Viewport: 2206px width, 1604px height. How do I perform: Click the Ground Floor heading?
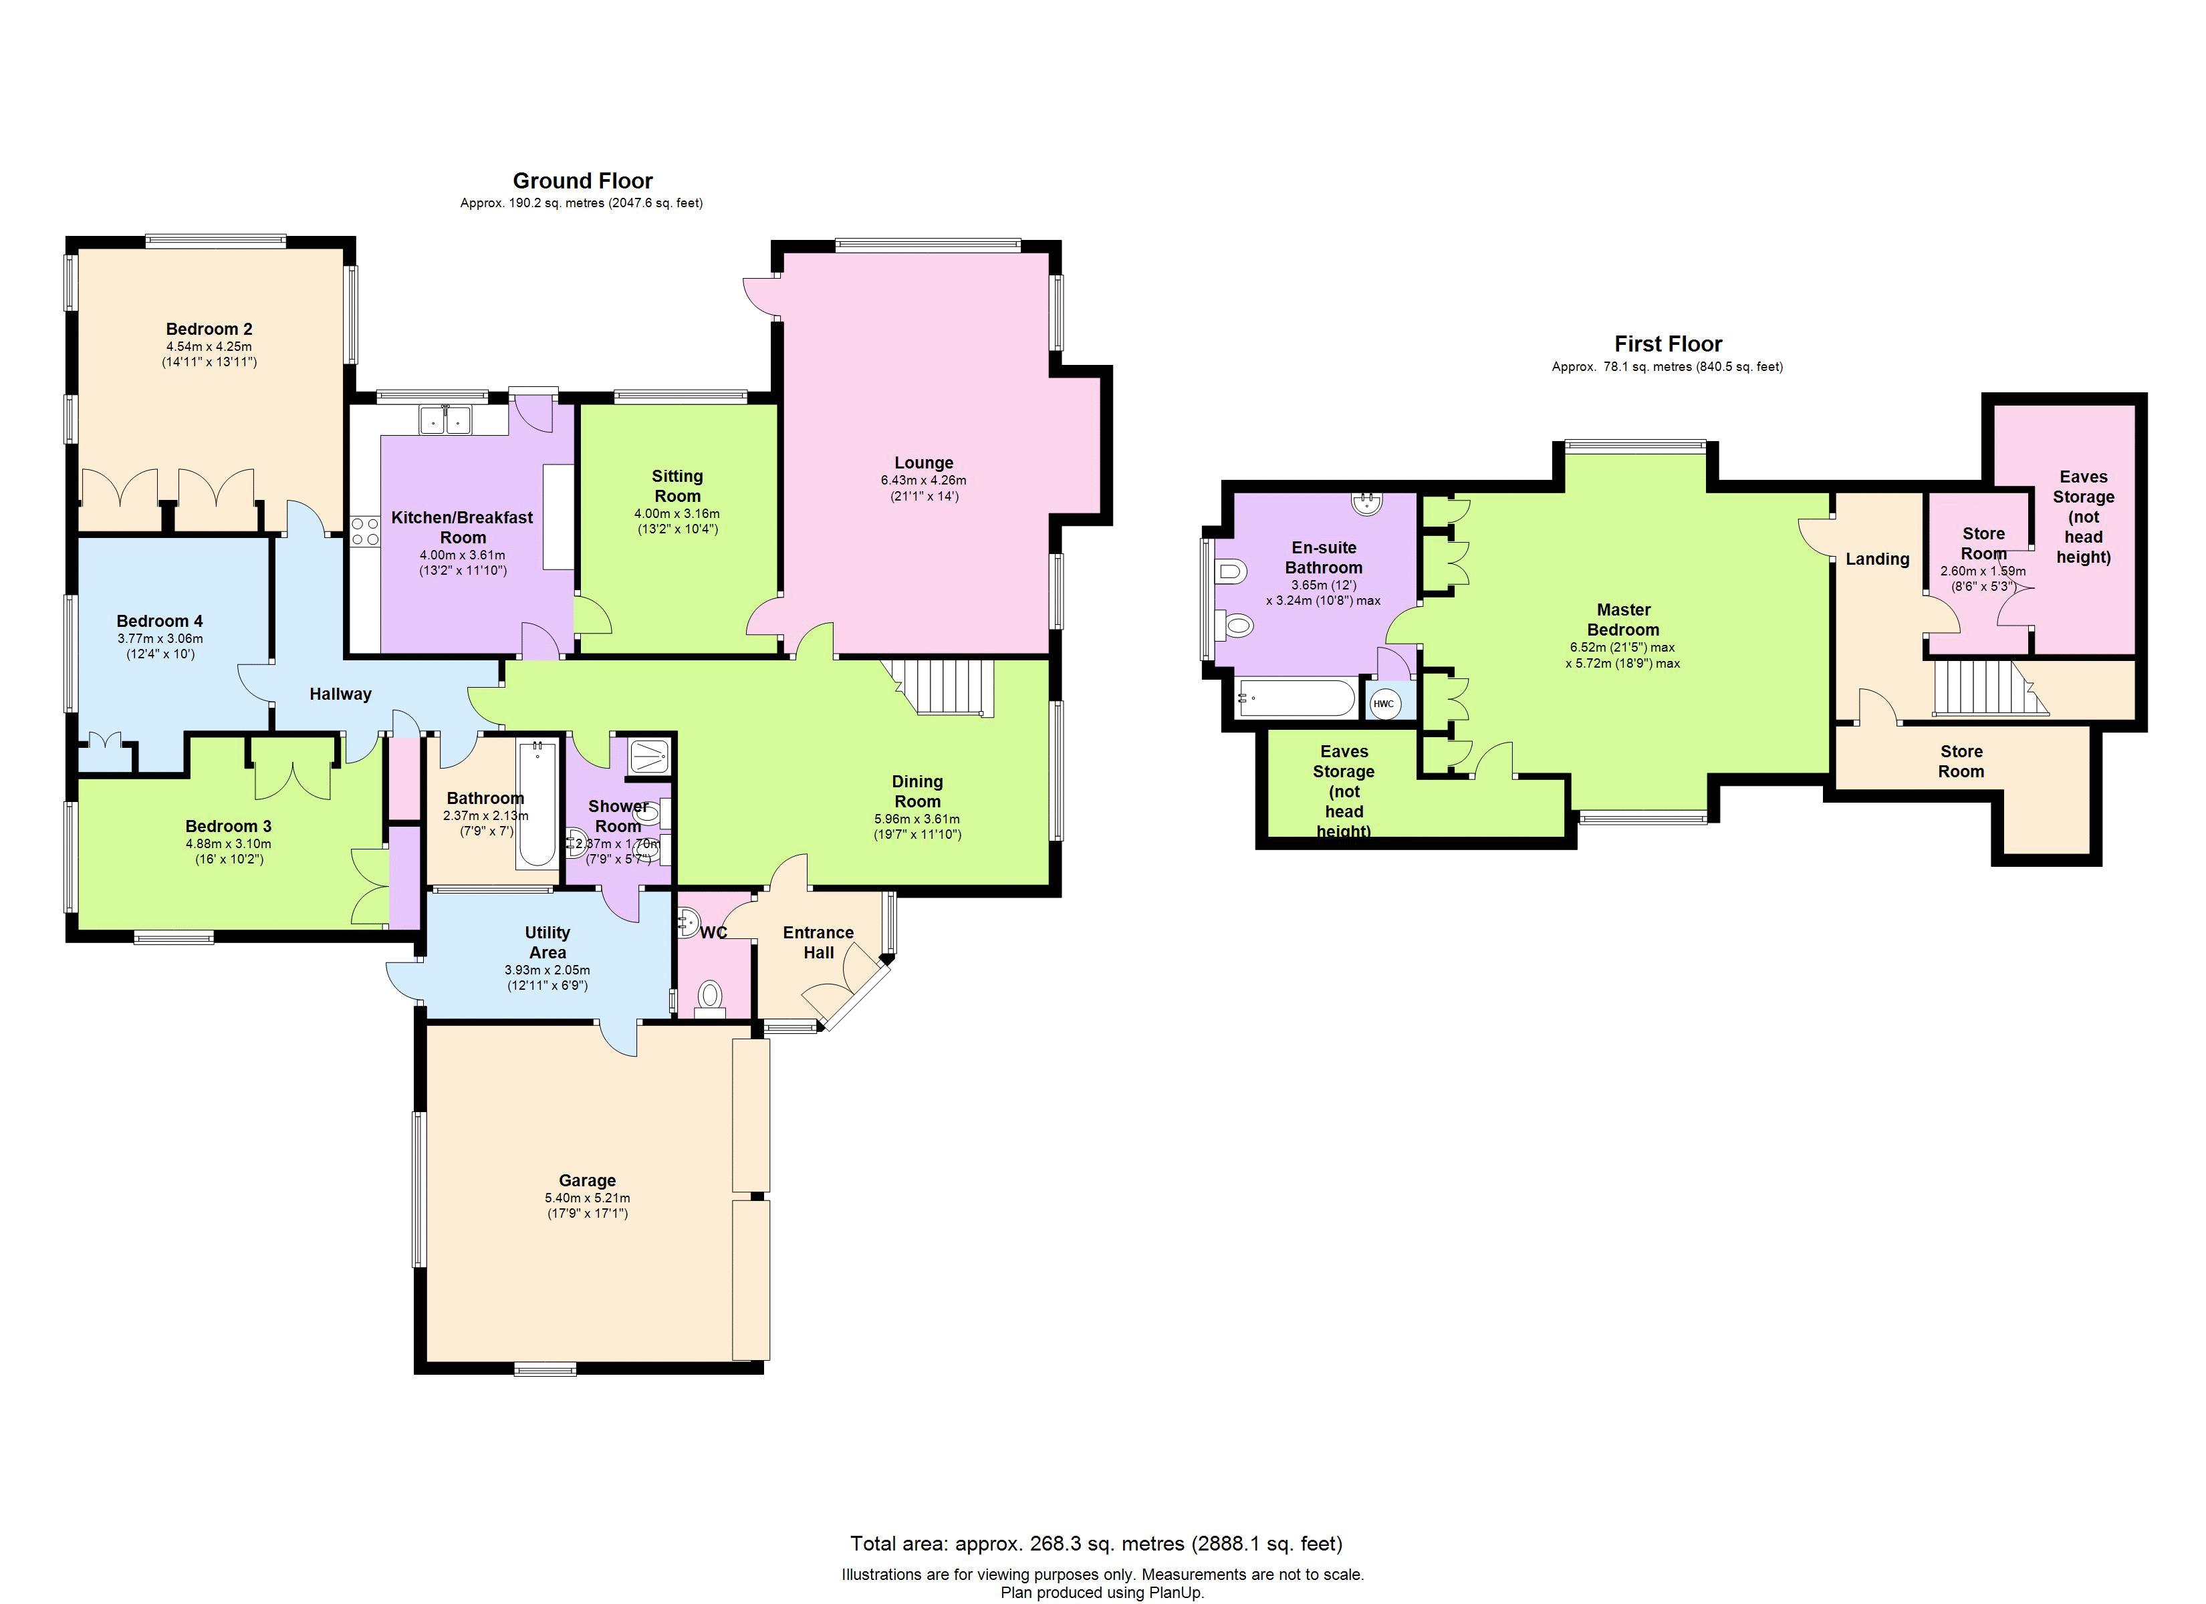[583, 181]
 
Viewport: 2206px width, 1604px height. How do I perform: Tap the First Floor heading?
[1667, 344]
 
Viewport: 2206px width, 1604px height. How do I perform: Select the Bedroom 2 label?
[209, 329]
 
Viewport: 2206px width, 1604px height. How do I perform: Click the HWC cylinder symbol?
[1383, 703]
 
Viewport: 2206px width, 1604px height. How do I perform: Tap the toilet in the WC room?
[711, 995]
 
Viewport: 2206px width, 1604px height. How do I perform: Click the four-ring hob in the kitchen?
[365, 532]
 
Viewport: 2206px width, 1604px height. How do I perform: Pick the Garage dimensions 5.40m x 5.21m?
[586, 1198]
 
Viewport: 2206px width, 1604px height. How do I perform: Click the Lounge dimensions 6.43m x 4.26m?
[923, 481]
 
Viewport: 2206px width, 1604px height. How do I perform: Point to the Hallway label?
[340, 694]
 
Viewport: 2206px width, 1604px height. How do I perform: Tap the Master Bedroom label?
[1622, 620]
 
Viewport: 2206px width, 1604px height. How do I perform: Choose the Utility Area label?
[547, 942]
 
